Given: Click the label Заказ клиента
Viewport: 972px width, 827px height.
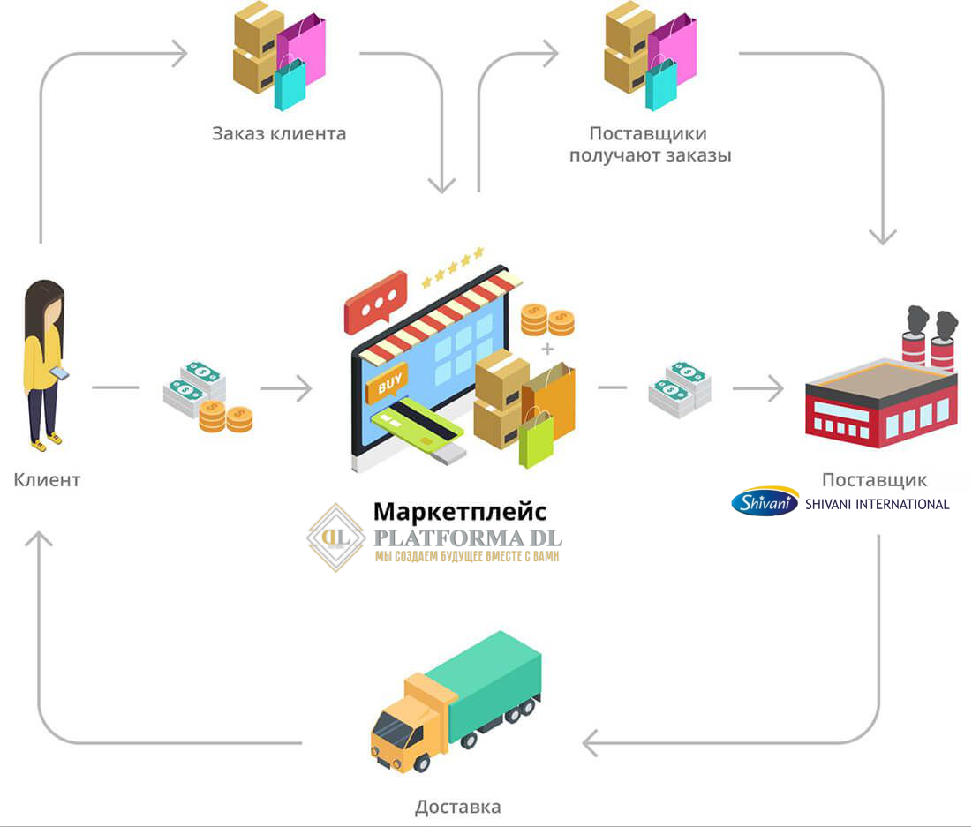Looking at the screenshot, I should pyautogui.click(x=279, y=134).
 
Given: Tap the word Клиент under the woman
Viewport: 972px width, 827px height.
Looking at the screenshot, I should pyautogui.click(x=47, y=480).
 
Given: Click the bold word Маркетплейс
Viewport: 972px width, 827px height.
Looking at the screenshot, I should pyautogui.click(x=460, y=512).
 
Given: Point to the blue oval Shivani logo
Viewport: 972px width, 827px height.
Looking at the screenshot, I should pyautogui.click(x=765, y=503).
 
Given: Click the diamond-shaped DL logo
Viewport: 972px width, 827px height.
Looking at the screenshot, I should pyautogui.click(x=336, y=537).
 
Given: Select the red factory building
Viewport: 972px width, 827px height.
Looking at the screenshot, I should pyautogui.click(x=880, y=402).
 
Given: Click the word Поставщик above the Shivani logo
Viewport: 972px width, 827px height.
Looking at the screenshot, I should pyautogui.click(x=874, y=480).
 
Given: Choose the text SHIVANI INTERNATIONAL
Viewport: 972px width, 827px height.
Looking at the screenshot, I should pyautogui.click(x=877, y=504).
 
